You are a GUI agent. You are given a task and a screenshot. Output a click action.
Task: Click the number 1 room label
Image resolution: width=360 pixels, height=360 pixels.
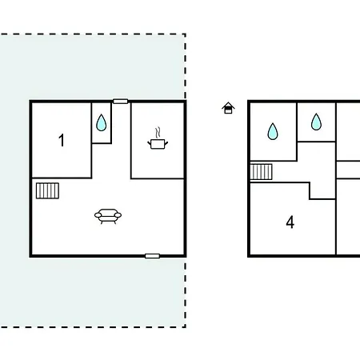(62, 140)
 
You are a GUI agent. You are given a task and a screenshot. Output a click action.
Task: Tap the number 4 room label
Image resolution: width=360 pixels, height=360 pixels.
(290, 222)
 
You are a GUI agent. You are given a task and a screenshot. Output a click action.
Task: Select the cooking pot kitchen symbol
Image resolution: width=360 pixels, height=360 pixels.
(158, 138)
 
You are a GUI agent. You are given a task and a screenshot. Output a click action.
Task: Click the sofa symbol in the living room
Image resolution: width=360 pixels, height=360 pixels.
(108, 216)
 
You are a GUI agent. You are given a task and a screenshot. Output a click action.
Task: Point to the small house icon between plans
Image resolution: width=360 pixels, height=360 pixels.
(228, 108)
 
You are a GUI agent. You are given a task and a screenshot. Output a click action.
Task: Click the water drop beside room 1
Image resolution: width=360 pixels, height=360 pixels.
(102, 122)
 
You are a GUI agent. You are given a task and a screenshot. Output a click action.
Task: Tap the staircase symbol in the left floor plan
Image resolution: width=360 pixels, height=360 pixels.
(47, 190)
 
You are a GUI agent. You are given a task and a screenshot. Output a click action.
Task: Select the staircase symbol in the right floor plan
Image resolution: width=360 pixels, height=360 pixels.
(261, 172)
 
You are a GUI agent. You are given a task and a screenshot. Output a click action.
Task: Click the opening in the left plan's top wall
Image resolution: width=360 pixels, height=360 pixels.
(121, 102)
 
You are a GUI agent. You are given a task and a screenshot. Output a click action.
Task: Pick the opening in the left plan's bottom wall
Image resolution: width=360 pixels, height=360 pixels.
(152, 256)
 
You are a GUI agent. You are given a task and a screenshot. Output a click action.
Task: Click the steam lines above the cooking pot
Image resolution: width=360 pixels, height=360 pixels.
(158, 133)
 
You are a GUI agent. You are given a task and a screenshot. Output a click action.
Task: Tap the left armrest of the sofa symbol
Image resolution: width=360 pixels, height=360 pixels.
(98, 215)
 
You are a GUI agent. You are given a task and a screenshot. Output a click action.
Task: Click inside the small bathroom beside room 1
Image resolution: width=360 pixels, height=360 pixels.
(102, 123)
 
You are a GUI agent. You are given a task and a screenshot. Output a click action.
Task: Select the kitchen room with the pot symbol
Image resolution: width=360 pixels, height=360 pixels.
(158, 140)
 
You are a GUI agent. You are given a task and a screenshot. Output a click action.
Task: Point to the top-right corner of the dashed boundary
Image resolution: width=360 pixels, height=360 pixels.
(186, 34)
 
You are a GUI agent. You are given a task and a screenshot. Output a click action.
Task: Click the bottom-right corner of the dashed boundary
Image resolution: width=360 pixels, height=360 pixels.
(186, 326)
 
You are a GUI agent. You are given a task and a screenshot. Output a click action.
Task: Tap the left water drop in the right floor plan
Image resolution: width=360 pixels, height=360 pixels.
(273, 131)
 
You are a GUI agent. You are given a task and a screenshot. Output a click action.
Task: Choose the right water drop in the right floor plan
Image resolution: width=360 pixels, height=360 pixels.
(316, 122)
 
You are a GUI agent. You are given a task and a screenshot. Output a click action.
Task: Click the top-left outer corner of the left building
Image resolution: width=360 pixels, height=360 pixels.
(30, 101)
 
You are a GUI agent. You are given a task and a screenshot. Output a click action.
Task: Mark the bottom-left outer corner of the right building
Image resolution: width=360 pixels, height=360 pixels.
(248, 257)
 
